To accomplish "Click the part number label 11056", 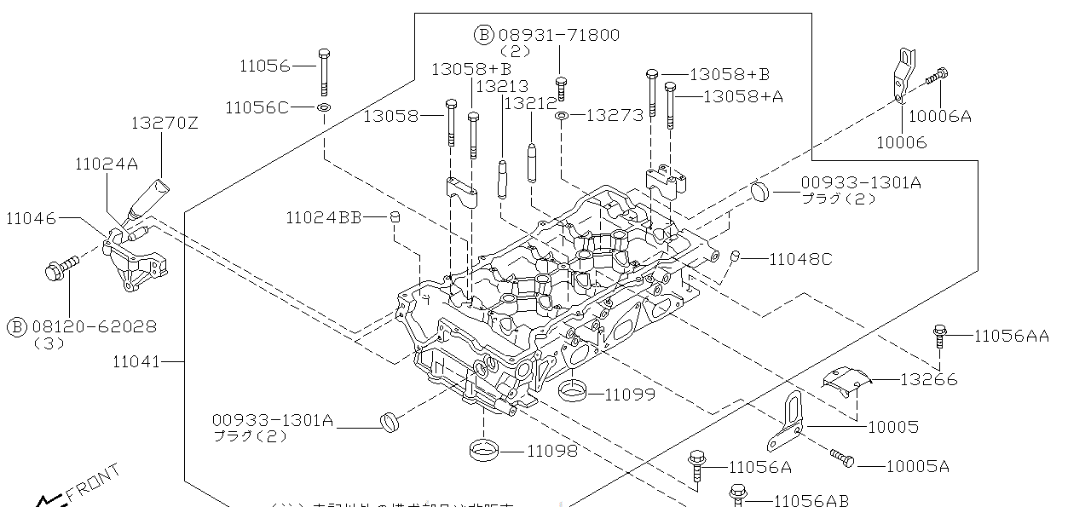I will coord(264,66).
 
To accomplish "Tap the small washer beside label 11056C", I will coord(325,108).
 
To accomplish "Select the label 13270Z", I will coord(164,123).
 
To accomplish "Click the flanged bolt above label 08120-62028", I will coord(60,268).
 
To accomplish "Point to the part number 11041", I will coord(136,362).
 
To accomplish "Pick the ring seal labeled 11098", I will coord(485,449).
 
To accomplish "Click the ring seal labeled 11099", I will coord(572,392).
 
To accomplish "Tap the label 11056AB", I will coord(811,501).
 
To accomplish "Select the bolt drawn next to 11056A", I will coord(697,465).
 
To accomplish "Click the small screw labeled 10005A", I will coord(841,459).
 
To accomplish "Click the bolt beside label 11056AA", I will coord(939,336).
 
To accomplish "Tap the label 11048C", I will coord(800,259).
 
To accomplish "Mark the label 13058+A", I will coord(742,96).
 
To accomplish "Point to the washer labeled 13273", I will coord(563,115).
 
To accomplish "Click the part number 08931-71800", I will coord(558,35).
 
